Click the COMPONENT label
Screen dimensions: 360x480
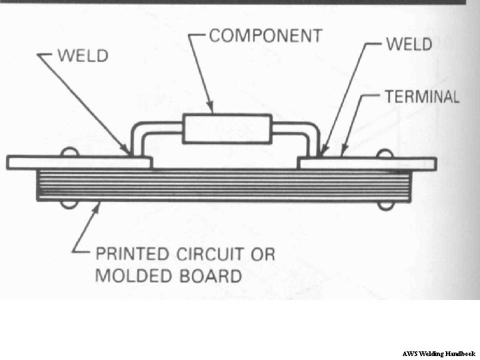pos(265,35)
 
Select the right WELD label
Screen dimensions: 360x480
pos(409,45)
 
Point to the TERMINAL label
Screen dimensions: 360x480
pos(422,97)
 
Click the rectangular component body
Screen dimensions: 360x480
pos(227,129)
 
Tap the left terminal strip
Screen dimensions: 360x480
pos(79,163)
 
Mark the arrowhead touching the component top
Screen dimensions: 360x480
pos(211,109)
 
